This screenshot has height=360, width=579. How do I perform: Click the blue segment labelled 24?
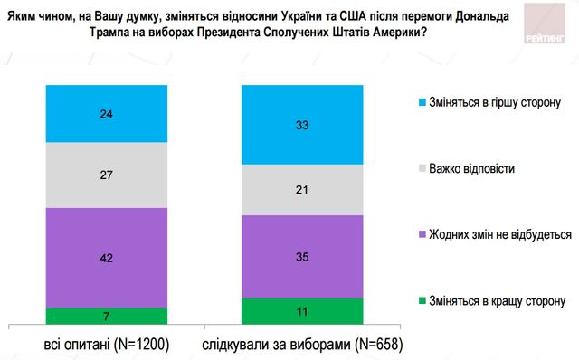(107, 114)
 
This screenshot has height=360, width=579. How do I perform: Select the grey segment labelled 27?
(107, 175)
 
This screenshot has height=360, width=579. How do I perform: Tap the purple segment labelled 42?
(107, 257)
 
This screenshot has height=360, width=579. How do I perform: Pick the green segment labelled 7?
(107, 316)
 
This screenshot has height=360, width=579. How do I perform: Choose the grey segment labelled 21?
(303, 191)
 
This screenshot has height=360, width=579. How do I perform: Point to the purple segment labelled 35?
(303, 256)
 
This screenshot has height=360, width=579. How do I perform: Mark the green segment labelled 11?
(303, 310)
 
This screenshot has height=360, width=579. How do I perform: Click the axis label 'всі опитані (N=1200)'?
(108, 345)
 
